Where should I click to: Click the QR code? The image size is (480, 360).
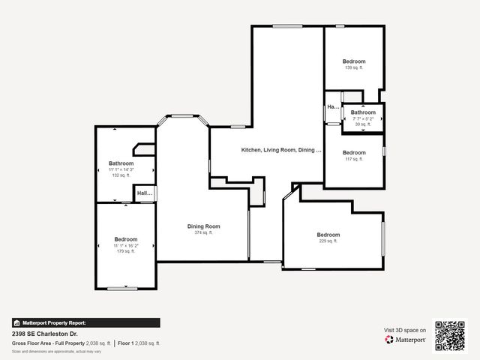point(450,335)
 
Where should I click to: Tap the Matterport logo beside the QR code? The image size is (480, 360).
point(406,340)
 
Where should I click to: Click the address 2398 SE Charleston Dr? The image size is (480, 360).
point(44,334)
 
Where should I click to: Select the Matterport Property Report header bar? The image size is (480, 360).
point(85,322)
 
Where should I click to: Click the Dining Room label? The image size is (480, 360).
point(203,226)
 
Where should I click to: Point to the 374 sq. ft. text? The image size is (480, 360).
point(203,233)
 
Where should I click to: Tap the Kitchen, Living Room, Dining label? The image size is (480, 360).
point(280,150)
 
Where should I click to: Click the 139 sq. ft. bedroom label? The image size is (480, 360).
point(353,68)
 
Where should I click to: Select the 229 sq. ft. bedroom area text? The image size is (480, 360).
point(328,241)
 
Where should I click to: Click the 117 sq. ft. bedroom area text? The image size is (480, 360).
point(353,159)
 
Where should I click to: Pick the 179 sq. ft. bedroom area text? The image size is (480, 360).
point(125,251)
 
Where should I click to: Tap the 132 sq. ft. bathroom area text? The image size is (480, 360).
point(121,175)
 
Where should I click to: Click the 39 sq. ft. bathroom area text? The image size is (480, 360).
point(362,124)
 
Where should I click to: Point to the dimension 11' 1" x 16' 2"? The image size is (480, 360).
point(125,245)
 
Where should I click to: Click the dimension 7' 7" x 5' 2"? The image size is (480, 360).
point(362,118)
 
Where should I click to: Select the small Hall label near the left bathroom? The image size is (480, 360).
point(144,193)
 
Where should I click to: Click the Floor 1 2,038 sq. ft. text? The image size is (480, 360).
point(139,343)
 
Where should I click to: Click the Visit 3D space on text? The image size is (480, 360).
point(405,330)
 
